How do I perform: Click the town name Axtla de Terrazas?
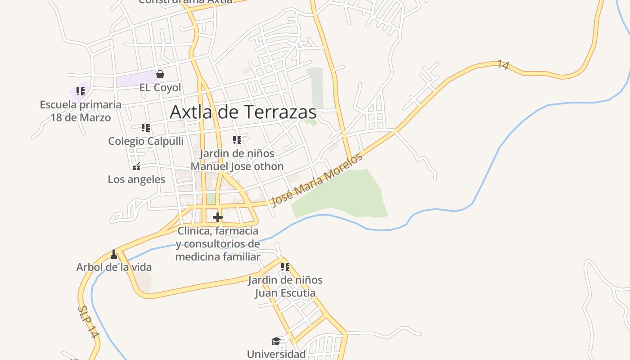point(243,112)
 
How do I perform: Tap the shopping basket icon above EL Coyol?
point(160,74)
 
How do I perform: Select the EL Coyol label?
point(160,87)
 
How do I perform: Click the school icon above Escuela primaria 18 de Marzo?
point(81,91)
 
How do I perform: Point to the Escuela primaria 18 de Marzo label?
point(81,111)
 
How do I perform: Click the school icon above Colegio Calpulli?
point(145,128)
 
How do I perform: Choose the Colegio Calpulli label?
point(146,141)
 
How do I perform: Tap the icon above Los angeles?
point(136,166)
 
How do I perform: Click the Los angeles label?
point(136,180)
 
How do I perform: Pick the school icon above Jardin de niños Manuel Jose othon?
point(237,140)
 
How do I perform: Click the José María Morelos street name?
point(316,180)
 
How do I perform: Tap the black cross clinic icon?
point(218,217)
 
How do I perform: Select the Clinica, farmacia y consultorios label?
point(218,244)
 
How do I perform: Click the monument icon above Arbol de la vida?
point(114,254)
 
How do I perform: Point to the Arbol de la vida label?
point(114,267)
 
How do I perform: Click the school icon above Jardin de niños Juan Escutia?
point(285,267)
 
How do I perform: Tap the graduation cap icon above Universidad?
point(276,342)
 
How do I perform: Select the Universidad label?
point(276,354)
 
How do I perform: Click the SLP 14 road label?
point(88,322)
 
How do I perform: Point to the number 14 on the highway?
point(504,65)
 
